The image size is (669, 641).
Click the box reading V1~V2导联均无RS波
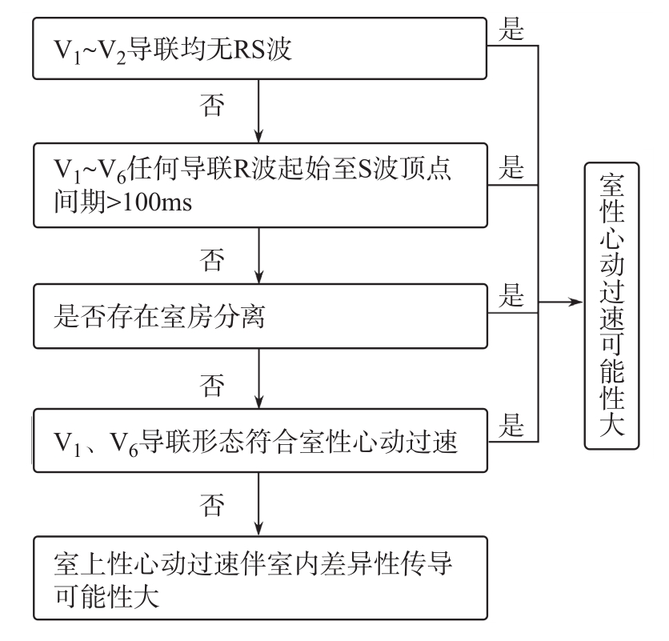[x=259, y=48]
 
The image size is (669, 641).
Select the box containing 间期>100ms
[x=260, y=185]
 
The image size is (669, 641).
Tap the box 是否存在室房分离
[x=260, y=316]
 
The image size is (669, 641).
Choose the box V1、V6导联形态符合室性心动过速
[x=260, y=440]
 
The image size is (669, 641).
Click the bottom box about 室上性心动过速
[x=260, y=578]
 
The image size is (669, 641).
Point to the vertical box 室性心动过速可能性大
[x=611, y=306]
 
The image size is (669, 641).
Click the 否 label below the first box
[x=212, y=105]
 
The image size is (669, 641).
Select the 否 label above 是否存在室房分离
[x=212, y=260]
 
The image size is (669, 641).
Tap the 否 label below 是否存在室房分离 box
[x=212, y=386]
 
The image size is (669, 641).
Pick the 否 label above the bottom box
[x=212, y=505]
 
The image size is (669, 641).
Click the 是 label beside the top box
[x=511, y=29]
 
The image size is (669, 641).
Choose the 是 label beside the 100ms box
[x=511, y=167]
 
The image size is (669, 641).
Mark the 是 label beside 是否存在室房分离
[x=511, y=295]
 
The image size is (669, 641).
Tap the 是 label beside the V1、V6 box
[x=511, y=425]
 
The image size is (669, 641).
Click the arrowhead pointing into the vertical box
[x=576, y=302]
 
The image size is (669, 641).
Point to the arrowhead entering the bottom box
[x=258, y=529]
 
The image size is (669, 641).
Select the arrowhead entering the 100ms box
[x=258, y=136]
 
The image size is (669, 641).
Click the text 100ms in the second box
[x=158, y=202]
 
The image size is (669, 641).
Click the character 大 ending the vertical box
[x=612, y=424]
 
